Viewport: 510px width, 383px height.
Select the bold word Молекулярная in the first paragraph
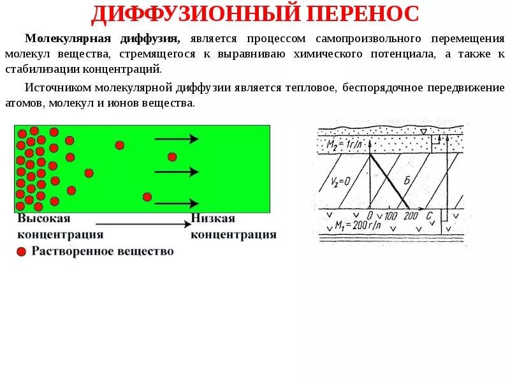coord(61,38)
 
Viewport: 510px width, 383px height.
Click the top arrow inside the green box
coord(177,139)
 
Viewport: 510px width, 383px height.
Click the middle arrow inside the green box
coord(177,171)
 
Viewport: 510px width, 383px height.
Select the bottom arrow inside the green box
coord(177,204)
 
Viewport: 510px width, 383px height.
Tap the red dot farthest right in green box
coord(172,156)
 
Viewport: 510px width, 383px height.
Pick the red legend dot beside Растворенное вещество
coord(21,252)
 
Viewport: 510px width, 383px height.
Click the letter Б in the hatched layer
coord(406,181)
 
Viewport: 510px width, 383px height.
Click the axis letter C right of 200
coord(430,216)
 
